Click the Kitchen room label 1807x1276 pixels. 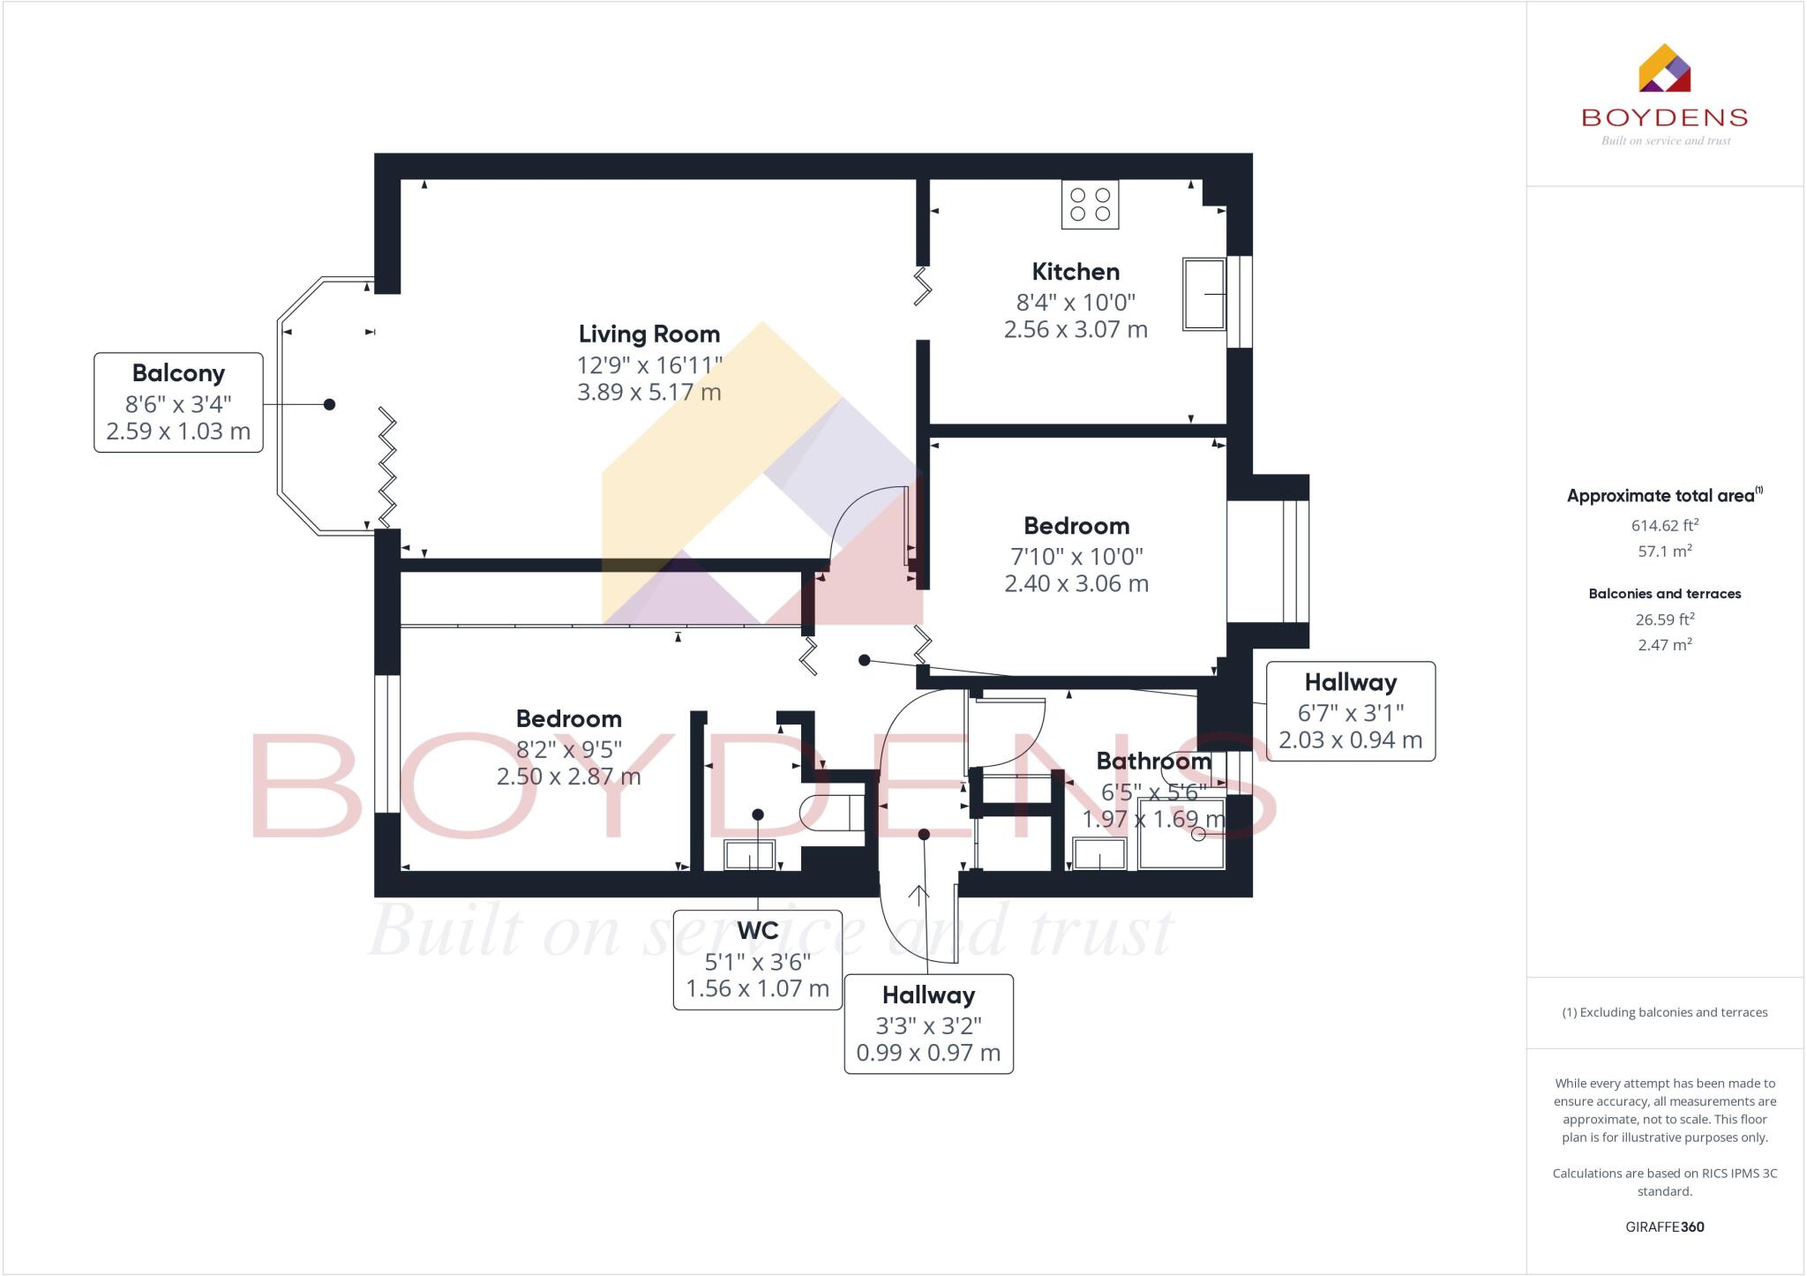(x=1076, y=272)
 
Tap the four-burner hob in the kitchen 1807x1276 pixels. (x=1090, y=205)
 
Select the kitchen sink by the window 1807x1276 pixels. (x=1203, y=295)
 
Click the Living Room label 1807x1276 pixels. (x=649, y=334)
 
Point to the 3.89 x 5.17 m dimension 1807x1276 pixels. (x=649, y=393)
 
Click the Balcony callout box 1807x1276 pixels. (x=178, y=402)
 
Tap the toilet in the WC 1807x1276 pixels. (x=830, y=812)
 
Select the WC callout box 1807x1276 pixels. (x=757, y=959)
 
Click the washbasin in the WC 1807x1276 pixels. (x=749, y=855)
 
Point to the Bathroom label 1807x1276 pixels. (x=1153, y=761)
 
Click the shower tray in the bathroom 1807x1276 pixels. (x=1181, y=833)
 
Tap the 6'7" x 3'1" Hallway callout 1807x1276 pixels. (x=1350, y=711)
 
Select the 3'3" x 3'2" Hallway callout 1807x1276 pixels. (x=928, y=1024)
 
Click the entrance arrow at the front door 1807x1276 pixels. (x=918, y=896)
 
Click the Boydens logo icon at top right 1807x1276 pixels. (x=1664, y=69)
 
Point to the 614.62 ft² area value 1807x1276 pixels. (x=1664, y=526)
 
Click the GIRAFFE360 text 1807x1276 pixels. (x=1664, y=1227)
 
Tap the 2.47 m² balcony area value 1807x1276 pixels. (x=1664, y=645)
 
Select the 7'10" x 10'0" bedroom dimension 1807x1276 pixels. (x=1076, y=557)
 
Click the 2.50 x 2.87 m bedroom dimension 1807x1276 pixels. (x=568, y=777)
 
